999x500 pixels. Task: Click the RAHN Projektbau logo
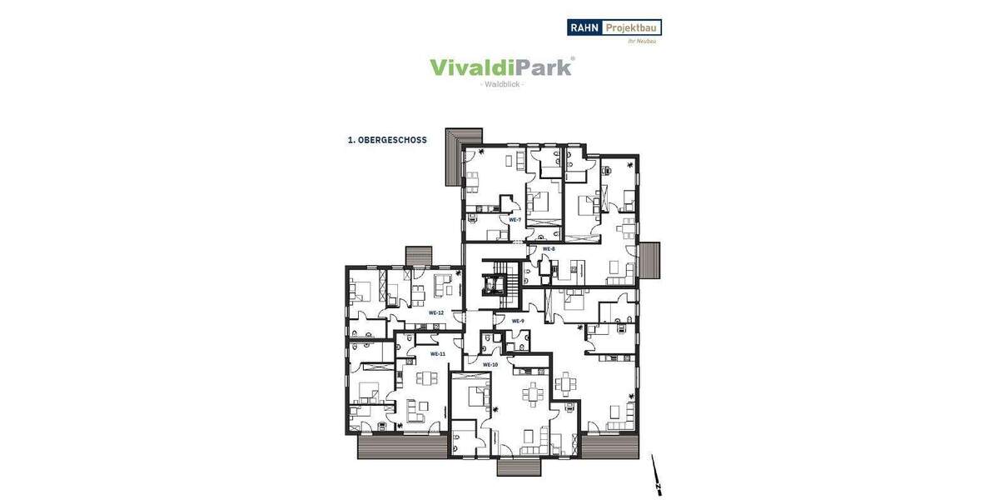(x=614, y=27)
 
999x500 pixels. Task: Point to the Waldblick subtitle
(x=502, y=85)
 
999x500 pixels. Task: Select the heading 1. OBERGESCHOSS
(x=387, y=140)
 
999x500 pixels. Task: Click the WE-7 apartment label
(x=514, y=219)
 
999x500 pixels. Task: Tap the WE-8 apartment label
(x=549, y=248)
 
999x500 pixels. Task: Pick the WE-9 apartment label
(x=517, y=321)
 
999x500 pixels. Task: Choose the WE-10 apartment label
(x=490, y=364)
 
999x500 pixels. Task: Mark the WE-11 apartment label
(x=438, y=354)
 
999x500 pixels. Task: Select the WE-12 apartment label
(x=436, y=312)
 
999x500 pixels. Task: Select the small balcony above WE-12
(x=419, y=254)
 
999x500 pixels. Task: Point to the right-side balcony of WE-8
(x=649, y=261)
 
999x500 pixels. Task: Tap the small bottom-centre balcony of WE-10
(x=519, y=467)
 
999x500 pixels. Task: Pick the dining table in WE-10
(x=530, y=392)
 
